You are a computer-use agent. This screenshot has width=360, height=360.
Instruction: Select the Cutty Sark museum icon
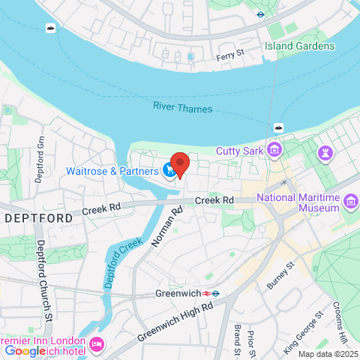(x=275, y=151)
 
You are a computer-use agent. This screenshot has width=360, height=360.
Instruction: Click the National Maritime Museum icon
(x=350, y=201)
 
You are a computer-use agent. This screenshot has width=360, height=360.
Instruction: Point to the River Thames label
(x=182, y=108)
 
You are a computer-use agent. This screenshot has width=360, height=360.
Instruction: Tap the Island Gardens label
(x=299, y=46)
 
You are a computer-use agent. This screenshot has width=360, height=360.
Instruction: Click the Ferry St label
(x=229, y=53)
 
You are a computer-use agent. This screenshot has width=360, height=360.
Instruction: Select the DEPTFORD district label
(x=38, y=217)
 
